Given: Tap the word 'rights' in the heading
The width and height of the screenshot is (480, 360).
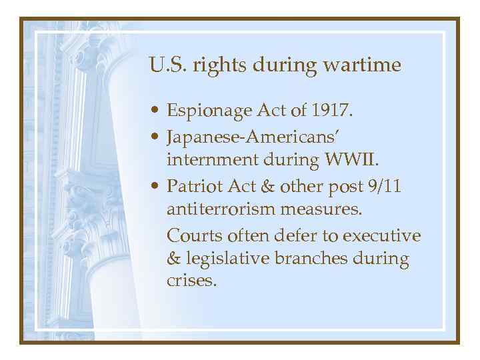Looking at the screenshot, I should tap(214, 65).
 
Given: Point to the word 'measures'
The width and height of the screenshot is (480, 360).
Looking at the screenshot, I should tap(323, 211).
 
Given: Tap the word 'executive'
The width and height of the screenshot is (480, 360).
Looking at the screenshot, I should tap(383, 236).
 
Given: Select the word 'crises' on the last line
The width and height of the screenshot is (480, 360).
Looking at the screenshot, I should tap(191, 281).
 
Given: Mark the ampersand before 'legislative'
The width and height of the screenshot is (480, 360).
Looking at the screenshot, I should tap(174, 259).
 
